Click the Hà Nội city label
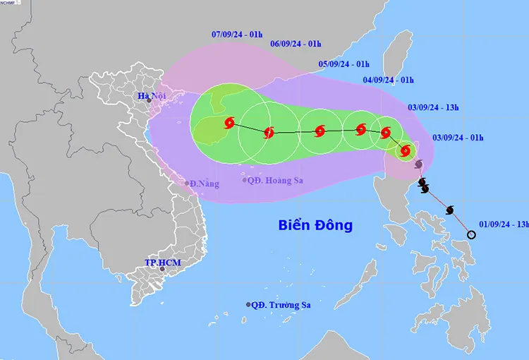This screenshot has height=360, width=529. [150, 95]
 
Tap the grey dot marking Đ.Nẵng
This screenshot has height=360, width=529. [187, 183]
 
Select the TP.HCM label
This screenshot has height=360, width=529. [163, 263]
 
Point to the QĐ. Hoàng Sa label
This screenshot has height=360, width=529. [276, 181]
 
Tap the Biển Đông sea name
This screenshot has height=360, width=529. [315, 226]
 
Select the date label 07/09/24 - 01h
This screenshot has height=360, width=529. [237, 34]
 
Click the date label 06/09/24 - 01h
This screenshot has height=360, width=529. [296, 43]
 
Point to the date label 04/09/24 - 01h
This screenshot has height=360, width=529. [389, 80]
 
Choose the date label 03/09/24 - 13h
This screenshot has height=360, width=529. [434, 107]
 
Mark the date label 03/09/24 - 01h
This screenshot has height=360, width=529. [458, 137]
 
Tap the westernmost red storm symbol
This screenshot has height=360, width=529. [229, 124]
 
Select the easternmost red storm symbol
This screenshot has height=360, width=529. [406, 150]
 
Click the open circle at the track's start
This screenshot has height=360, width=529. [472, 234]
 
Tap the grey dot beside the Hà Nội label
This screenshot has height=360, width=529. [149, 101]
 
